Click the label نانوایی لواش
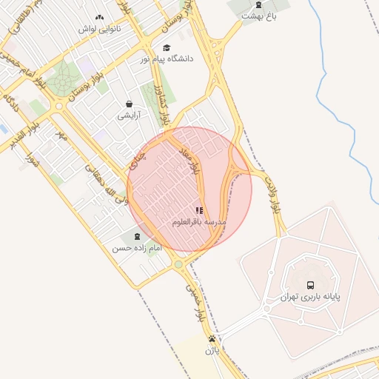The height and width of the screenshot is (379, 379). click(x=100, y=30)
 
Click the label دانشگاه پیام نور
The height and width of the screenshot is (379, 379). click(x=167, y=58)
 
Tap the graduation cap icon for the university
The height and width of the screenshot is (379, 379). click(x=167, y=47)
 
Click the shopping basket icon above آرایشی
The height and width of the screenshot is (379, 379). click(x=130, y=104)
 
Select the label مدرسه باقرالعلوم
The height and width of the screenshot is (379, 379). click(x=199, y=222)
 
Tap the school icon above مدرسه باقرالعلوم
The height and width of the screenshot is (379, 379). click(x=199, y=210)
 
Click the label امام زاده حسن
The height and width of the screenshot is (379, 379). click(x=136, y=249)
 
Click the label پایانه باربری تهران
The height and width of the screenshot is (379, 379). click(x=310, y=296)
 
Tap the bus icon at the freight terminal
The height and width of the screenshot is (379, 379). click(x=310, y=284)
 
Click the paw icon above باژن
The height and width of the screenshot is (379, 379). click(x=212, y=339)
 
